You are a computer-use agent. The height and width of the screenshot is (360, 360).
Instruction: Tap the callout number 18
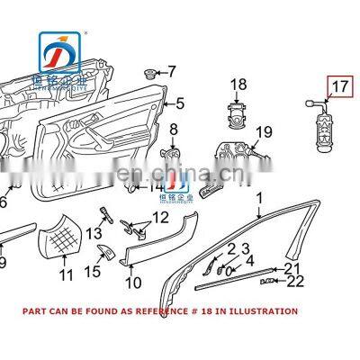[237, 85]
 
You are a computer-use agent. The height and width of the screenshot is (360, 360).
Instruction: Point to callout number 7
[173, 70]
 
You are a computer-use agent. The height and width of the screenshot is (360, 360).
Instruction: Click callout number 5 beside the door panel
[179, 103]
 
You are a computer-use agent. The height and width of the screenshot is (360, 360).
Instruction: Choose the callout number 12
[159, 217]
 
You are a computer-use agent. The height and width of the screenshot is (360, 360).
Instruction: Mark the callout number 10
[133, 283]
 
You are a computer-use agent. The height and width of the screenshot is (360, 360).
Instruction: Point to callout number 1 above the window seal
[259, 197]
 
